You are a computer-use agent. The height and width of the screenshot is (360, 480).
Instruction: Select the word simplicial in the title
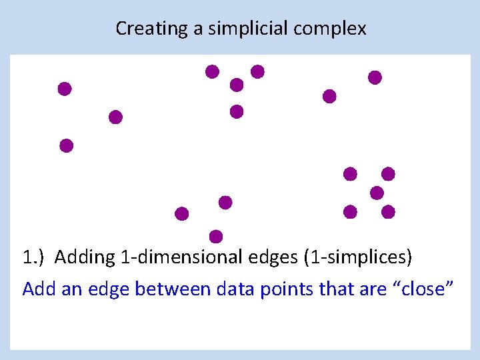234,29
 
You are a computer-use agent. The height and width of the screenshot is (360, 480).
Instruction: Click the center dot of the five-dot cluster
377,193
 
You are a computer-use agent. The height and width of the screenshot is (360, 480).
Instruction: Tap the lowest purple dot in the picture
216,236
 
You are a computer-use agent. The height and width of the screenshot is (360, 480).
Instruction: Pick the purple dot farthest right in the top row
375,77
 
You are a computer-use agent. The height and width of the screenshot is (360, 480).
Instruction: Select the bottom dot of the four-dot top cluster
237,111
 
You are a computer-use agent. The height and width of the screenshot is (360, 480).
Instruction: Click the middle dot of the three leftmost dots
115,117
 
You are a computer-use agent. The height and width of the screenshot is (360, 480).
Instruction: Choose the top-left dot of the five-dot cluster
350,174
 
